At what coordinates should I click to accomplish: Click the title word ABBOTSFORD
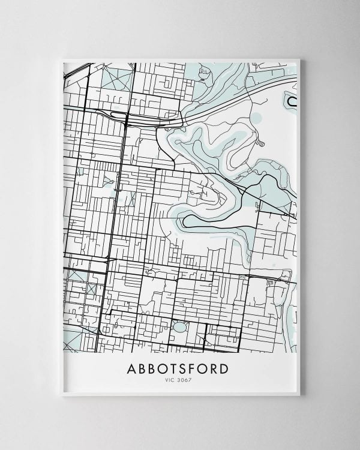click(178, 368)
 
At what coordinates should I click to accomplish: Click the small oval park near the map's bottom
click(179, 327)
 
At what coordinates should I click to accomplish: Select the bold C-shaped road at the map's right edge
click(291, 101)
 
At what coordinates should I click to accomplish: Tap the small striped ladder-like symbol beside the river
click(261, 143)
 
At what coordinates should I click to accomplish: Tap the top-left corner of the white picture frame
click(62, 59)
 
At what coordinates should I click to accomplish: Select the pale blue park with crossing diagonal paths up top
click(117, 79)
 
